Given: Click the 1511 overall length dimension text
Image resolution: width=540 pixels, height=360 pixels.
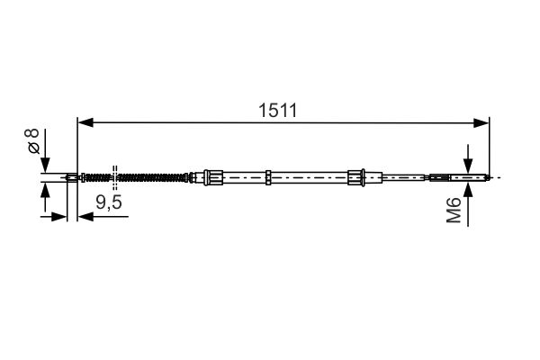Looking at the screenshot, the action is click(x=277, y=111).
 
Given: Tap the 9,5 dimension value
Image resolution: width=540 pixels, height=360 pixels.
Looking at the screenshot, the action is click(x=109, y=202).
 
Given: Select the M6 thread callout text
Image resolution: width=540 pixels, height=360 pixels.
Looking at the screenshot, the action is click(x=454, y=210).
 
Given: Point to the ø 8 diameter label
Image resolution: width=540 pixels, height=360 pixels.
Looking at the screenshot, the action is click(x=32, y=141).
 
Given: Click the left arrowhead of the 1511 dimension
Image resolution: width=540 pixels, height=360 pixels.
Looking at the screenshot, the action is click(x=85, y=122).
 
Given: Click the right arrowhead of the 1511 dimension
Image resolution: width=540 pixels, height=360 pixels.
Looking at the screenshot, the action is click(x=481, y=122).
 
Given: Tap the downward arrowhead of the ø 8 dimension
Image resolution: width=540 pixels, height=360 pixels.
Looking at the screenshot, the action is click(x=45, y=165).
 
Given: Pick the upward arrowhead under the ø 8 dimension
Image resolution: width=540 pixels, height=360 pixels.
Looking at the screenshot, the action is click(x=45, y=191).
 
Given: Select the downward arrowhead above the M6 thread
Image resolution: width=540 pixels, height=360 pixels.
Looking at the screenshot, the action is click(x=468, y=166).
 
